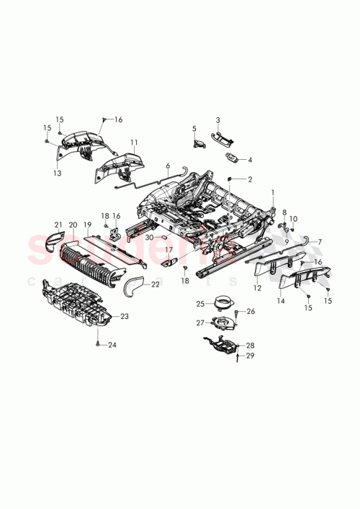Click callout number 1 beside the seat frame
coord(273,192)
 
